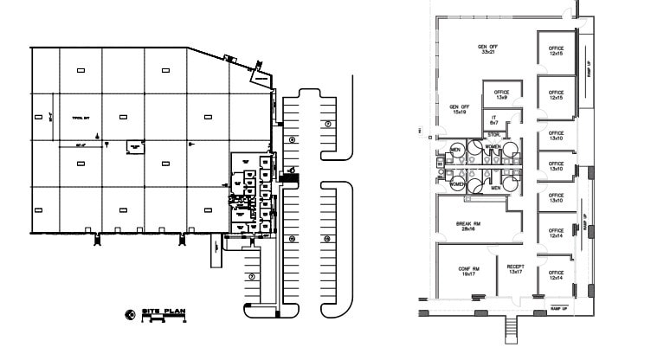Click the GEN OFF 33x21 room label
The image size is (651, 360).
(487, 48)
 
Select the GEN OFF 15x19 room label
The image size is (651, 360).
(458, 109)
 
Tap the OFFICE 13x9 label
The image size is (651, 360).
(500, 94)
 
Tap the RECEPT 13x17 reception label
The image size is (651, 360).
(516, 270)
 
